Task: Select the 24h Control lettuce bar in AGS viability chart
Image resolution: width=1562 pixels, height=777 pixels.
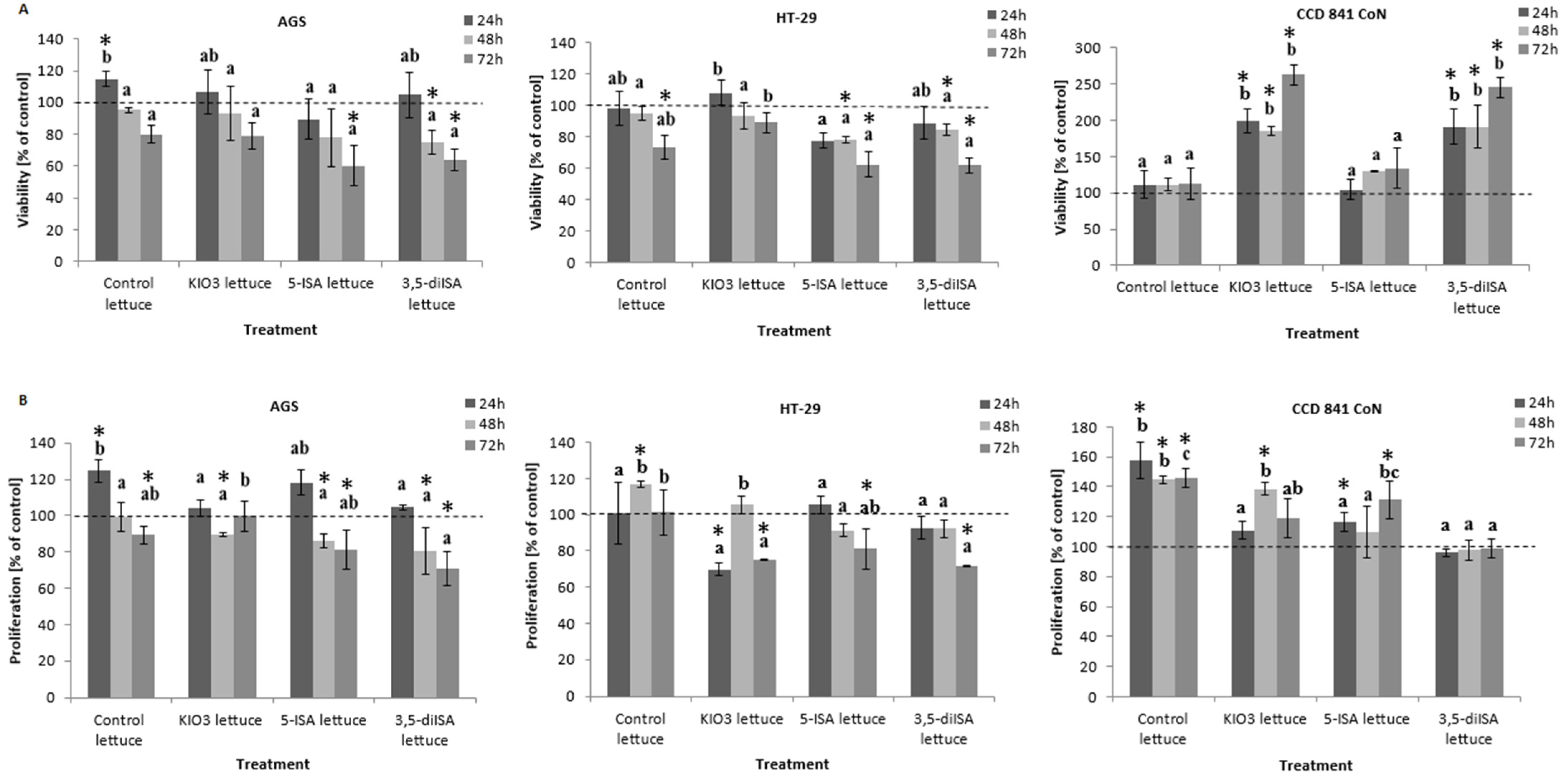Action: click(x=107, y=170)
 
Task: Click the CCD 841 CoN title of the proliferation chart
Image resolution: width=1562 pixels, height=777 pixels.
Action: click(x=1336, y=409)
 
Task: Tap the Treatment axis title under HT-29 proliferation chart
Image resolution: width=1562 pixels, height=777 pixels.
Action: click(x=792, y=764)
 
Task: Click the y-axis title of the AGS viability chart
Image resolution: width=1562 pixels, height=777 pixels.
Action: click(x=23, y=150)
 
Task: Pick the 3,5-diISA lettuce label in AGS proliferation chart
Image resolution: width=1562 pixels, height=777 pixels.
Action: click(x=424, y=730)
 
